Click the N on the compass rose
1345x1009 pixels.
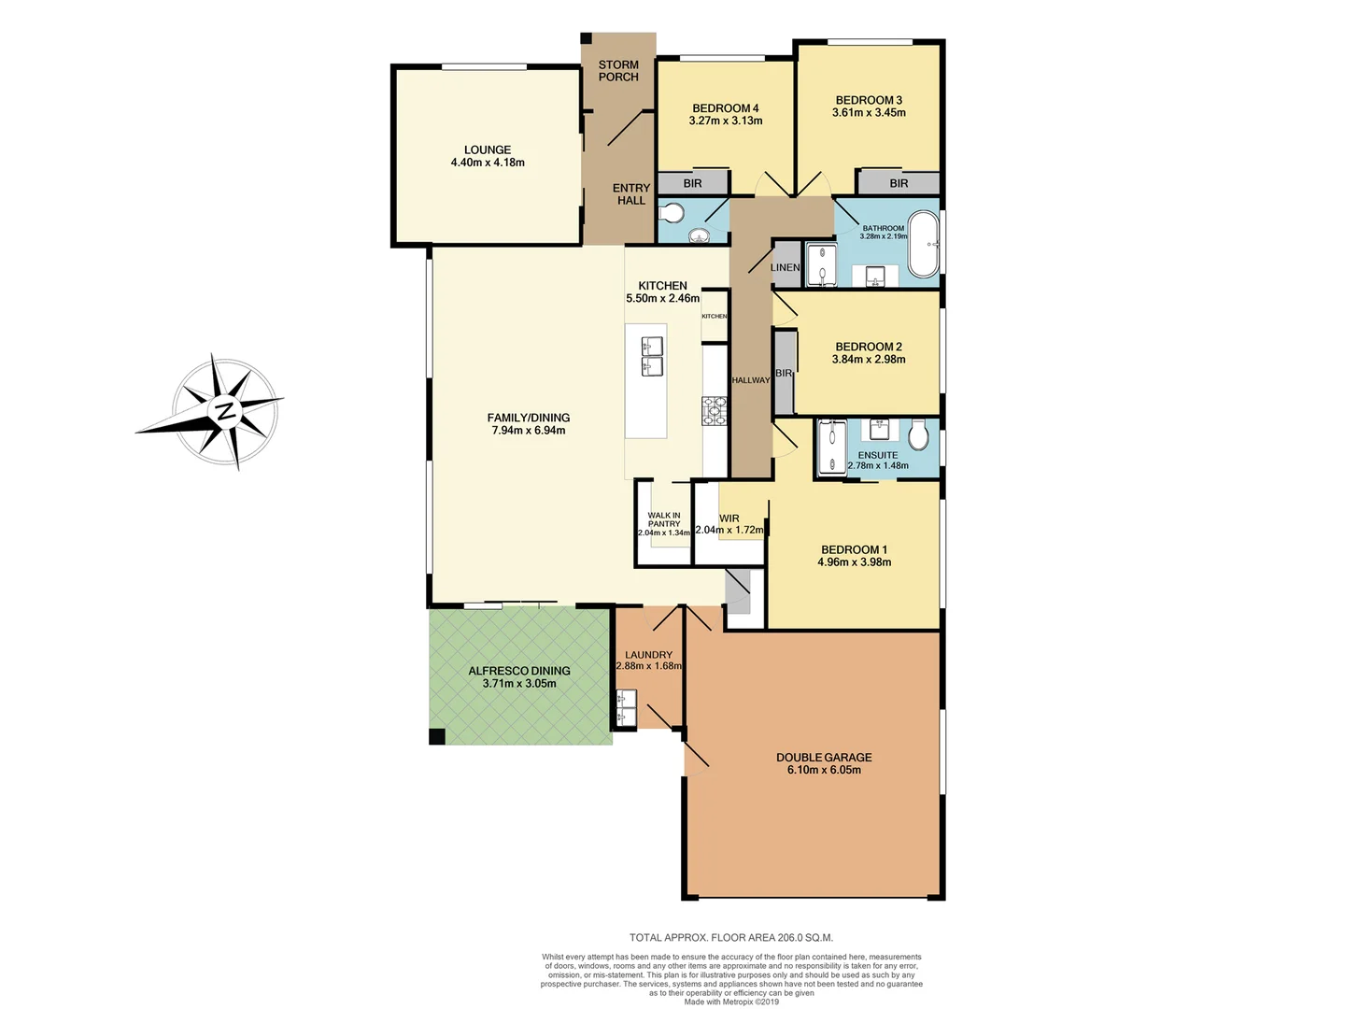(x=224, y=411)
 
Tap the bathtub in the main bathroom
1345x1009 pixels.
(x=924, y=246)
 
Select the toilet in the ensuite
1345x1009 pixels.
(x=918, y=434)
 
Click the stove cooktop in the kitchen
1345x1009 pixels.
(x=715, y=411)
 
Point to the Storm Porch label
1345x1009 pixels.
(x=618, y=71)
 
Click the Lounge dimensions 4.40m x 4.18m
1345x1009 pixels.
(x=488, y=163)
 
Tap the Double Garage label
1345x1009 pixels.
(x=824, y=758)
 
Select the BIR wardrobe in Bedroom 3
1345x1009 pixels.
(x=899, y=183)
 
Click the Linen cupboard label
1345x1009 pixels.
(x=785, y=267)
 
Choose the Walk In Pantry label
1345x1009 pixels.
(x=664, y=519)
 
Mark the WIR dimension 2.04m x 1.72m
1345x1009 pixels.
(x=729, y=530)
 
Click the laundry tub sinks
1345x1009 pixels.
(x=626, y=707)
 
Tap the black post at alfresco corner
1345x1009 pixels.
(x=437, y=736)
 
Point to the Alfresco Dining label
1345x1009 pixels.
(x=519, y=671)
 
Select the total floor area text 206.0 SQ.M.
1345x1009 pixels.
(x=730, y=937)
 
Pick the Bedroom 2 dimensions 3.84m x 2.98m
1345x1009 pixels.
(x=869, y=359)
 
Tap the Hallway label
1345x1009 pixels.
(x=751, y=380)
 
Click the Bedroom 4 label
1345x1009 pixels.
(x=726, y=108)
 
